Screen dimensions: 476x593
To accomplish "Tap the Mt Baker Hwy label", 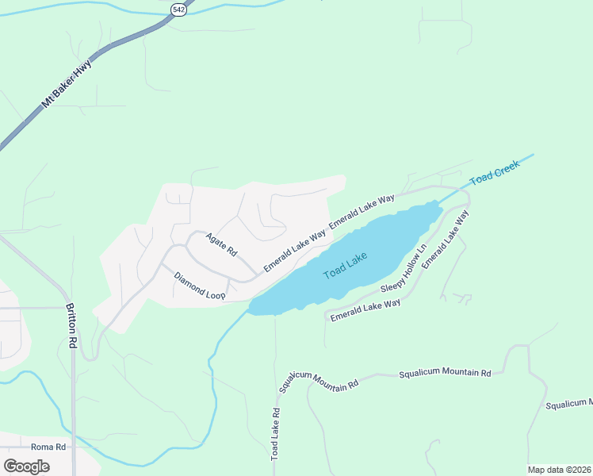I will pos(67,84).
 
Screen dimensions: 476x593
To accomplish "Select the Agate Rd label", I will pos(221,244).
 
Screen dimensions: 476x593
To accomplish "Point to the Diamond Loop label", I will pos(200,286).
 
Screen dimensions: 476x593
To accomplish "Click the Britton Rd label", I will pos(71,327).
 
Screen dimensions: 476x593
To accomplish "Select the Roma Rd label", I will pos(47,447).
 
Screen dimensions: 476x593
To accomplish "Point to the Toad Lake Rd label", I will pos(275,434).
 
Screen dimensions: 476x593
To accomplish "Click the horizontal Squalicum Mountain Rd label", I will pos(445,372).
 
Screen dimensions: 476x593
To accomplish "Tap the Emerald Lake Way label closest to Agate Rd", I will pos(294,251).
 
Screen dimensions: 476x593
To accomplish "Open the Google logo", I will pos(26,466).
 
